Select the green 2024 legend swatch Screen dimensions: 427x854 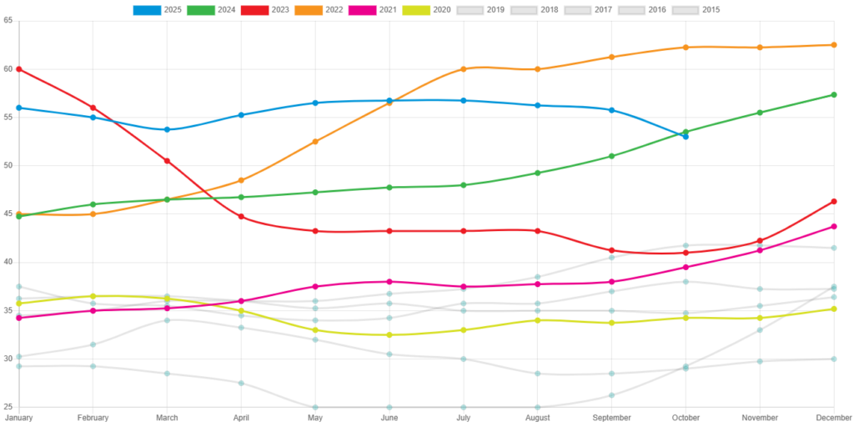(x=200, y=10)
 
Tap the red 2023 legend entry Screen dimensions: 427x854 (x=254, y=10)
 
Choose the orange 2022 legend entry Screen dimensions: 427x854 (x=308, y=10)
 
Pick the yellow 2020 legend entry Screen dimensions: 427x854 (x=416, y=10)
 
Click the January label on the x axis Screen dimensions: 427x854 (x=18, y=417)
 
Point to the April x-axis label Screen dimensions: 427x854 (x=241, y=417)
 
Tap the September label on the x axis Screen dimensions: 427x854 (x=611, y=417)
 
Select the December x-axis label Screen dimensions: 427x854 (x=833, y=417)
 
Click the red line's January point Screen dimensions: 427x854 (x=18, y=69)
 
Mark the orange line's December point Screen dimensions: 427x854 (x=833, y=45)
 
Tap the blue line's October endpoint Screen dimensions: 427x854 (x=686, y=136)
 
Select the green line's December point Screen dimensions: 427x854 (x=833, y=95)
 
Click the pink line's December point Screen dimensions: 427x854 (x=833, y=226)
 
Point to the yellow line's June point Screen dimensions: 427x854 (x=389, y=334)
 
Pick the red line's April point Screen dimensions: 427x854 (x=241, y=217)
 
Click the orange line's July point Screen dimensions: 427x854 (x=464, y=68)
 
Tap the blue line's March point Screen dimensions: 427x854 (x=167, y=129)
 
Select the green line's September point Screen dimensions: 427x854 (x=611, y=156)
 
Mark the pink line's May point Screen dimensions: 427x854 (x=315, y=286)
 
